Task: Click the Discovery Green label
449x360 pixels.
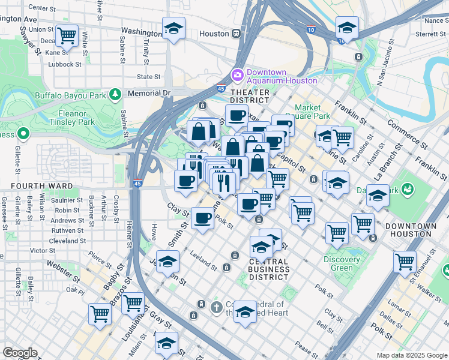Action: [342, 263]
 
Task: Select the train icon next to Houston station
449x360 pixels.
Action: [237, 33]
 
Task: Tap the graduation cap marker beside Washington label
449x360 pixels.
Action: [173, 28]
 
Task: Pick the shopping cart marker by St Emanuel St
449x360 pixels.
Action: [405, 262]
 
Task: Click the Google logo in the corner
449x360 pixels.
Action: [20, 353]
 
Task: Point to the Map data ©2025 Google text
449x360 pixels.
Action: [411, 355]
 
